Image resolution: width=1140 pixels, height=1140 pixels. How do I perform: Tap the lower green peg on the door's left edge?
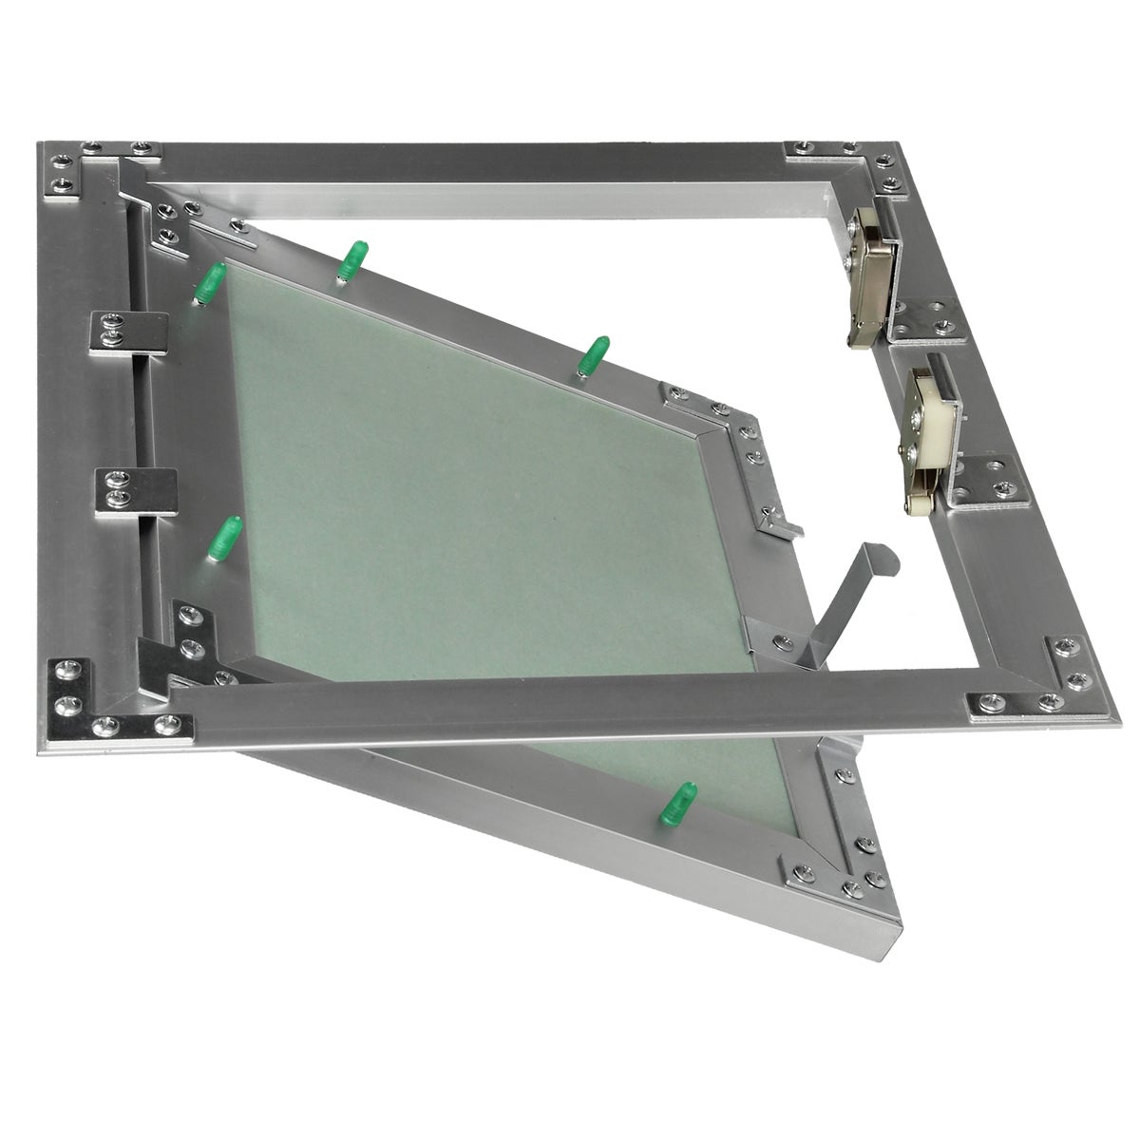224,538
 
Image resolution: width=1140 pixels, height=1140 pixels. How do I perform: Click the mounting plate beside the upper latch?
927,318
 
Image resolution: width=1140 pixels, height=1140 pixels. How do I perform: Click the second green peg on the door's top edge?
353,260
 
